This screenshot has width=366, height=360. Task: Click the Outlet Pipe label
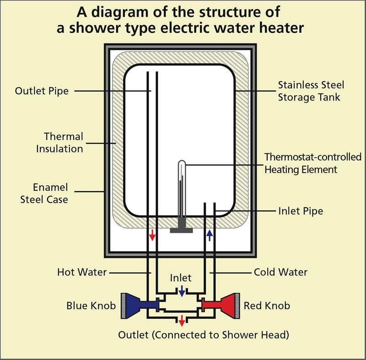pyautogui.click(x=42, y=91)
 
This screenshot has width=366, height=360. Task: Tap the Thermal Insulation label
pyautogui.click(x=64, y=142)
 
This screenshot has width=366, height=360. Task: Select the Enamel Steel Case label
pyautogui.click(x=51, y=193)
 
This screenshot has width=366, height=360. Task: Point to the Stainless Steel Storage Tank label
pyautogui.click(x=311, y=91)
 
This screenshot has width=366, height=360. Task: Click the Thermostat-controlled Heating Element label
pyautogui.click(x=313, y=163)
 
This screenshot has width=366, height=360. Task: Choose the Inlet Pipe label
pyautogui.click(x=301, y=211)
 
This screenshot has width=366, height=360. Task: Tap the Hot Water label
pyautogui.click(x=82, y=272)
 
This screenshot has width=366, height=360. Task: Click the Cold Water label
pyautogui.click(x=280, y=272)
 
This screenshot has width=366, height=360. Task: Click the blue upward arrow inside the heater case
pyautogui.click(x=209, y=235)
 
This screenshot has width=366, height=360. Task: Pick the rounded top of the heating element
pyautogui.click(x=181, y=162)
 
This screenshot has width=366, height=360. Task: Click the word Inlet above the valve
pyautogui.click(x=181, y=278)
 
